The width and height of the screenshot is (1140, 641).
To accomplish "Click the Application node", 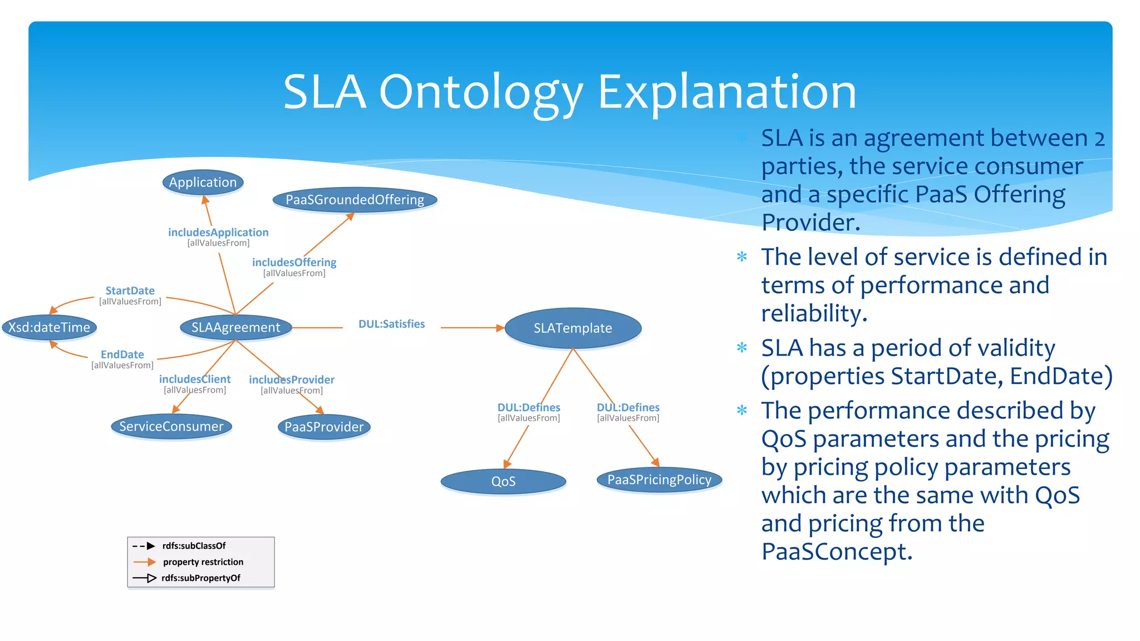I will tap(203, 183).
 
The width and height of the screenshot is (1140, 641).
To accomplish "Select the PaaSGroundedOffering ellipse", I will tap(355, 200).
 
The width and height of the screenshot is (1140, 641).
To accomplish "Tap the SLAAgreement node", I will tap(236, 327).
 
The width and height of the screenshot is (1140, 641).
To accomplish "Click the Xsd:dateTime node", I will tap(50, 327).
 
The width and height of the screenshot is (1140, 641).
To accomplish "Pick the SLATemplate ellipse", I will tap(573, 328).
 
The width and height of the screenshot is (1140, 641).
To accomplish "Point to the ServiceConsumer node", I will tap(171, 427).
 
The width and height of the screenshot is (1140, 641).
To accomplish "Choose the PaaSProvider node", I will tap(324, 427).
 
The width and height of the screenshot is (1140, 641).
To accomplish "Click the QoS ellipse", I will tap(503, 481).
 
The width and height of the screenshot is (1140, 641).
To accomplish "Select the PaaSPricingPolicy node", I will tap(659, 480).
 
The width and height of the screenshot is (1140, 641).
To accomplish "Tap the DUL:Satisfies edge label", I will tap(391, 324).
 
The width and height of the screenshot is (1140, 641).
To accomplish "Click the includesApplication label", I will tap(218, 233).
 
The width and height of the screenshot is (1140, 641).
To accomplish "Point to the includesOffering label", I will tap(294, 263).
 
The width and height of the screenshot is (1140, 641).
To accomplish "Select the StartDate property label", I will tap(130, 291).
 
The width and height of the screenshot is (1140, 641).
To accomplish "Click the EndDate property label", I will tap(122, 354).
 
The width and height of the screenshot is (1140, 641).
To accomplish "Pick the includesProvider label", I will tap(292, 380).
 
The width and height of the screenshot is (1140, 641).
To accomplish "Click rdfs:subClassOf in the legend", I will tap(194, 546).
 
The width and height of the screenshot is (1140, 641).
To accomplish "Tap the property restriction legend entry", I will tap(203, 562).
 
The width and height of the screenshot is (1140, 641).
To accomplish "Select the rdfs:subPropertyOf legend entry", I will tap(201, 578).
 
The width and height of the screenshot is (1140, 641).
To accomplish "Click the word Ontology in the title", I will tap(481, 92).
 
